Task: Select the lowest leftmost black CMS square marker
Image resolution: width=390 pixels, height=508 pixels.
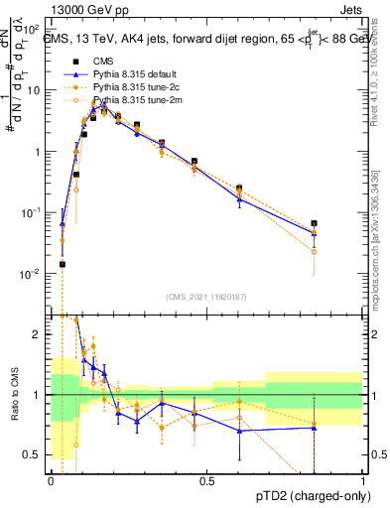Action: click(x=63, y=264)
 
